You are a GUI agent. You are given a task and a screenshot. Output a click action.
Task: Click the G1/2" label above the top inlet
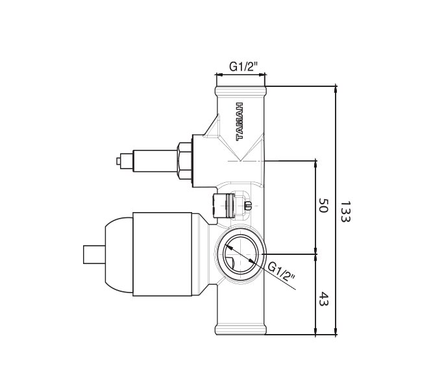(x=244, y=66)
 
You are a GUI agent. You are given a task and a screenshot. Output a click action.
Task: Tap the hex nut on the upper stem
(x=186, y=160)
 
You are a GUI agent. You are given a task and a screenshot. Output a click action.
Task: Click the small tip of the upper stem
(x=117, y=160)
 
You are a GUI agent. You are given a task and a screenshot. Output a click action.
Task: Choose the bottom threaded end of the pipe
(x=240, y=328)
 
